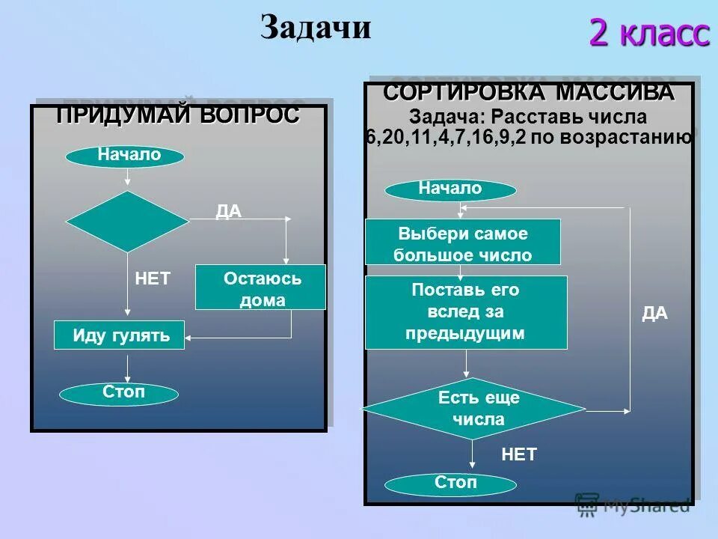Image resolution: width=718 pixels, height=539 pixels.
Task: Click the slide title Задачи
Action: tap(316, 28)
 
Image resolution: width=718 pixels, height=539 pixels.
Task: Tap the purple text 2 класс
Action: tap(648, 33)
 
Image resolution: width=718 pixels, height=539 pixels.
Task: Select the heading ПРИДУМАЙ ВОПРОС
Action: tap(178, 115)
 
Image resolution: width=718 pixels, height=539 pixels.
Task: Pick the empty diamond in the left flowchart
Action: tap(128, 222)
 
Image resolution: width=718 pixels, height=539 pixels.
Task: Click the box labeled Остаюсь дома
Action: tap(261, 288)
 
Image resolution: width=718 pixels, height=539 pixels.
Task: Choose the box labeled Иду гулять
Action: tap(120, 335)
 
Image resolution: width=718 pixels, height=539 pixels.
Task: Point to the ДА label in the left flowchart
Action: tap(229, 212)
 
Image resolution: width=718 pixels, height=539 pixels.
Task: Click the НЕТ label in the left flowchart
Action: tap(153, 279)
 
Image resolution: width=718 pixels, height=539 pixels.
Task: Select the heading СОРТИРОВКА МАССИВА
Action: tap(529, 93)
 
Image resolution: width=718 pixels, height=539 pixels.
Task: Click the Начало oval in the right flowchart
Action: tap(450, 190)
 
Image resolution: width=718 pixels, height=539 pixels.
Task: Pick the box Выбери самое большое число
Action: tap(462, 243)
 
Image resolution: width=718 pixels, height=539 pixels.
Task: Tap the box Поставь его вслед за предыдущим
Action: tap(466, 311)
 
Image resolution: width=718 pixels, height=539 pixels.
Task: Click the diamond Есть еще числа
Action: tap(473, 409)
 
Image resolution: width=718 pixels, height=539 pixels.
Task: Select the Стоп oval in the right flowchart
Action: tap(455, 484)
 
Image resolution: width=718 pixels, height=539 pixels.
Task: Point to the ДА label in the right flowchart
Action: tap(654, 314)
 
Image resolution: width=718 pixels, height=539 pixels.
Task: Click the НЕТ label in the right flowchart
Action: tap(519, 454)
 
